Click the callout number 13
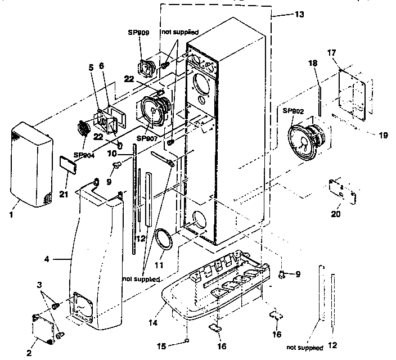point(299,15)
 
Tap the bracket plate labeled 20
point(341,191)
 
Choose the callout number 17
point(331,53)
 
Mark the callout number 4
point(47,260)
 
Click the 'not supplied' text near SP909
point(182,33)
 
